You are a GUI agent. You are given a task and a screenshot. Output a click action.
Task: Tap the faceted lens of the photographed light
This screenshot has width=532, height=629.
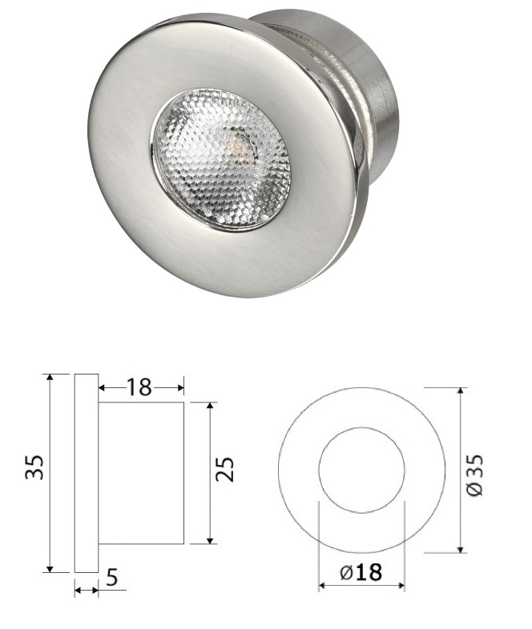point(221,161)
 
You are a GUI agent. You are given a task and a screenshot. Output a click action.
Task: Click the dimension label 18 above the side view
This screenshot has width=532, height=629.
point(139,387)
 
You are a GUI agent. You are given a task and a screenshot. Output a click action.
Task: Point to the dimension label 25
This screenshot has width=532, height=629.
point(225,469)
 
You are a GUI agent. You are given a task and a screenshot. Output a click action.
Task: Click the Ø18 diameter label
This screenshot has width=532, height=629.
point(361,572)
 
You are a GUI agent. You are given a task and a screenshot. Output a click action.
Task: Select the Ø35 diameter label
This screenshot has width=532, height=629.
point(475,475)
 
